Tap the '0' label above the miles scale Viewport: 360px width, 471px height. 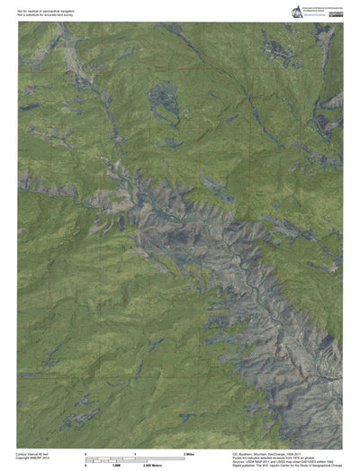(x=85, y=453)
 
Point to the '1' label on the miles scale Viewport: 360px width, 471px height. (x=135, y=453)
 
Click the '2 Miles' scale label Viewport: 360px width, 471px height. (x=189, y=453)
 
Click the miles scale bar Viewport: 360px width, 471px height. (x=135, y=457)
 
